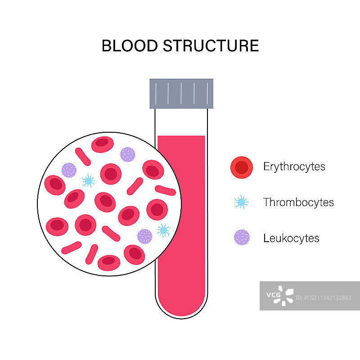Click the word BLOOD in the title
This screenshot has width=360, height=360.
pyautogui.click(x=129, y=46)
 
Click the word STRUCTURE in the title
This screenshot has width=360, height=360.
pyautogui.click(x=211, y=46)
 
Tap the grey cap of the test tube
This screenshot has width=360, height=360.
pyautogui.click(x=181, y=93)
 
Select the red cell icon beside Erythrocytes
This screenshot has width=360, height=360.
pyautogui.click(x=242, y=167)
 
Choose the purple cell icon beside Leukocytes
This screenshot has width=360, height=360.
pyautogui.click(x=242, y=238)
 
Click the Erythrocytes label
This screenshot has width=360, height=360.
pyautogui.click(x=294, y=166)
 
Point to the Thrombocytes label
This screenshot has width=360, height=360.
pyautogui.click(x=298, y=202)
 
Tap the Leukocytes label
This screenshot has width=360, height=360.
pyautogui.click(x=291, y=238)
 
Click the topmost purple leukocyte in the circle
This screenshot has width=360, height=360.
pyautogui.click(x=128, y=154)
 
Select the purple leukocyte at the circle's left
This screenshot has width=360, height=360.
pyautogui.click(x=69, y=170)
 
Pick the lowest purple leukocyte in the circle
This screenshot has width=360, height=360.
pyautogui.click(x=144, y=236)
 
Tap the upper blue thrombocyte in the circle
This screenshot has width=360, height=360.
pyautogui.click(x=88, y=181)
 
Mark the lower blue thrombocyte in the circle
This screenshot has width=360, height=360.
pyautogui.click(x=163, y=230)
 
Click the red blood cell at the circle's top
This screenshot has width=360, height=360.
pyautogui.click(x=103, y=144)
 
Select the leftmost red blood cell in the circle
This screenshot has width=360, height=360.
pyautogui.click(x=55, y=184)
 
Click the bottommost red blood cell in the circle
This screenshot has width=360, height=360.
pyautogui.click(x=109, y=262)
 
